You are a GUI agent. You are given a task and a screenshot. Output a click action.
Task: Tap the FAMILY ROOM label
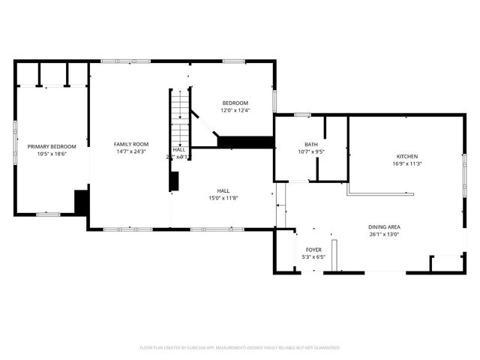pos(131,144)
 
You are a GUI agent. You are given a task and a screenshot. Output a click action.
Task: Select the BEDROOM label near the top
pos(235,103)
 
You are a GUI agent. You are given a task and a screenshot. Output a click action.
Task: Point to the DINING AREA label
pos(383,226)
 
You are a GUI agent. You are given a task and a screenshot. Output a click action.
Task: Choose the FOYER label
pos(313,250)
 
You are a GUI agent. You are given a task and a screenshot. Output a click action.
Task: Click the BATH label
pos(310,144)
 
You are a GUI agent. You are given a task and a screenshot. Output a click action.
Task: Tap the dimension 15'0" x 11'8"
pos(224,198)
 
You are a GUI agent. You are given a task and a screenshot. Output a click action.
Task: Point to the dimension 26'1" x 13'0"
pos(383,234)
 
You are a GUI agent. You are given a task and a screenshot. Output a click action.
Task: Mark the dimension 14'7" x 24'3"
pos(131,151)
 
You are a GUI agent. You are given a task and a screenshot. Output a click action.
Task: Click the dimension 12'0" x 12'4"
pos(235,110)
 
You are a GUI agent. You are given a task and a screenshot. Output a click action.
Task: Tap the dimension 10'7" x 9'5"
pos(310,151)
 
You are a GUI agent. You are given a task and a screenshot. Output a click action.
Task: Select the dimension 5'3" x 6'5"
pos(313,257)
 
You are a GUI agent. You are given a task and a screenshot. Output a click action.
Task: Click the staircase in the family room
pos(179,116)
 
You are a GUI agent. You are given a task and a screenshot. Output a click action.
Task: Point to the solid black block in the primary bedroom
pos(82,202)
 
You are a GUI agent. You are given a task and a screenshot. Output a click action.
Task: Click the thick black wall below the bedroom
pos(244,141)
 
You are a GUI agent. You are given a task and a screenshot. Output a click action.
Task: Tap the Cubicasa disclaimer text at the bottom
pos(240,347)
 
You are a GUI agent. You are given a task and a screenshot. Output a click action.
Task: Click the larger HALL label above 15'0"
pos(224,190)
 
